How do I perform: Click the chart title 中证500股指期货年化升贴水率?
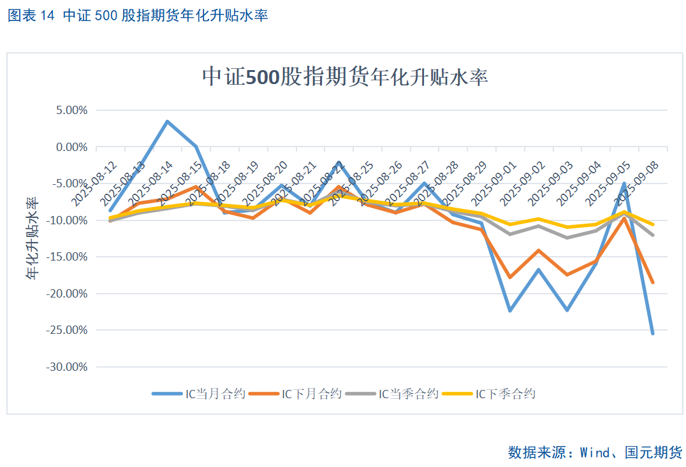[345, 76]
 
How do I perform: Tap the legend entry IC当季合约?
[409, 394]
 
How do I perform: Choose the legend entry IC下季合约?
[506, 394]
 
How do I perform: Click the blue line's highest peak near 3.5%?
[168, 122]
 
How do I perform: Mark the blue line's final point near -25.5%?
[652, 333]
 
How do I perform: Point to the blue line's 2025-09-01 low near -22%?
[509, 310]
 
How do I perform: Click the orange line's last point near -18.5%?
[652, 282]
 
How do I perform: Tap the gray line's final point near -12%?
[652, 234]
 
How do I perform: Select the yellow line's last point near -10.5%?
[652, 224]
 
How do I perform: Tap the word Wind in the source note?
[594, 452]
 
